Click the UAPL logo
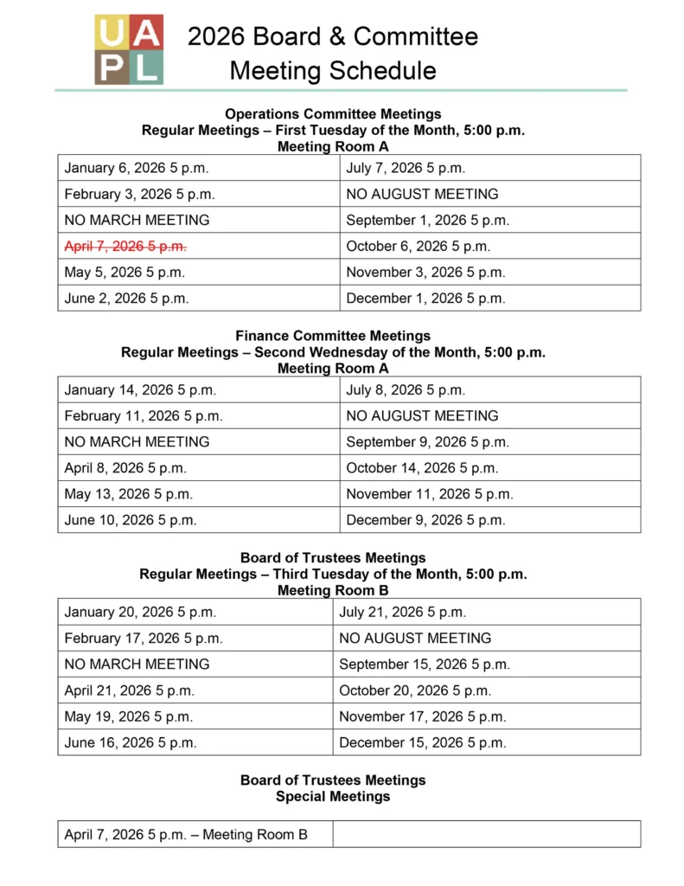(x=128, y=49)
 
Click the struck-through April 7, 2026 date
(x=125, y=246)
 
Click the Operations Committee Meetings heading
(x=333, y=114)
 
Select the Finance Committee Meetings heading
(x=333, y=336)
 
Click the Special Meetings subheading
(x=333, y=796)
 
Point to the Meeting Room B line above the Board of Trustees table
(x=333, y=591)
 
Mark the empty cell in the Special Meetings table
(x=487, y=835)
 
